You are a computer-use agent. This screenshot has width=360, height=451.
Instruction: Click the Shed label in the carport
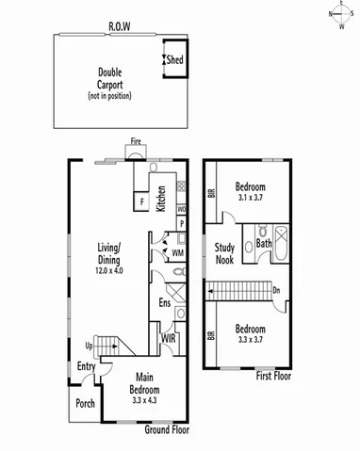pos(175,61)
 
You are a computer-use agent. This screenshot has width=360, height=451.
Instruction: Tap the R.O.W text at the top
pos(120,25)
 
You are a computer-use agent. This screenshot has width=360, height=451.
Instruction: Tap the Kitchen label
pos(161,199)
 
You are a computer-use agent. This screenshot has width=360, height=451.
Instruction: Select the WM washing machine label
pos(176,252)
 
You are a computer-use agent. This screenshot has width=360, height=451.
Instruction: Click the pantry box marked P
pos(181,224)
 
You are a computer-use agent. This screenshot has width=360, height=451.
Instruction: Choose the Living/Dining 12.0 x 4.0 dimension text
pos(110,270)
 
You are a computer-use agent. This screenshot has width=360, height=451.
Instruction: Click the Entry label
pos(86,367)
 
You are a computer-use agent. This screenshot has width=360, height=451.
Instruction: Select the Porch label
pos(85,408)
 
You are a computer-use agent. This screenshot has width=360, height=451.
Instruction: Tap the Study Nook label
pos(224,253)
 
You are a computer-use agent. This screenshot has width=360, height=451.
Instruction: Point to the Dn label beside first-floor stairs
pos(275,291)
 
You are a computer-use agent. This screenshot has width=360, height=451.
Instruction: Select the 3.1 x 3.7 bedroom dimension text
pos(250,199)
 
